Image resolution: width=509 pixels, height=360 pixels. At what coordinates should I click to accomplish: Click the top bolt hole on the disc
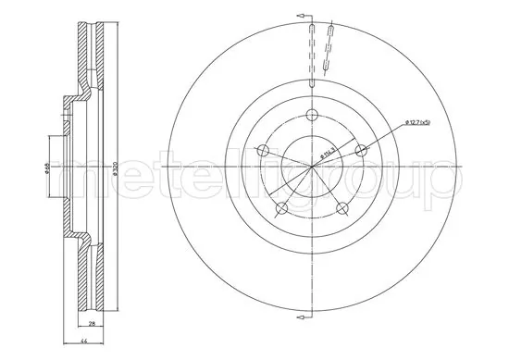pyautogui.click(x=312, y=116)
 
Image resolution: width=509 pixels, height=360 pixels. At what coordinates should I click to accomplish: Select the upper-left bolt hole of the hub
pyautogui.click(x=264, y=150)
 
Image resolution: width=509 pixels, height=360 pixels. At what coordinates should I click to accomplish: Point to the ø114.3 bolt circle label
pyautogui.click(x=326, y=149)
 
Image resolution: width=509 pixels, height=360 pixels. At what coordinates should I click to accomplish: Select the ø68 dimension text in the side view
pyautogui.click(x=45, y=166)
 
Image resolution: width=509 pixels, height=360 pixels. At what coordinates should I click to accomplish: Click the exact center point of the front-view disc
pyautogui.click(x=312, y=166)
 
